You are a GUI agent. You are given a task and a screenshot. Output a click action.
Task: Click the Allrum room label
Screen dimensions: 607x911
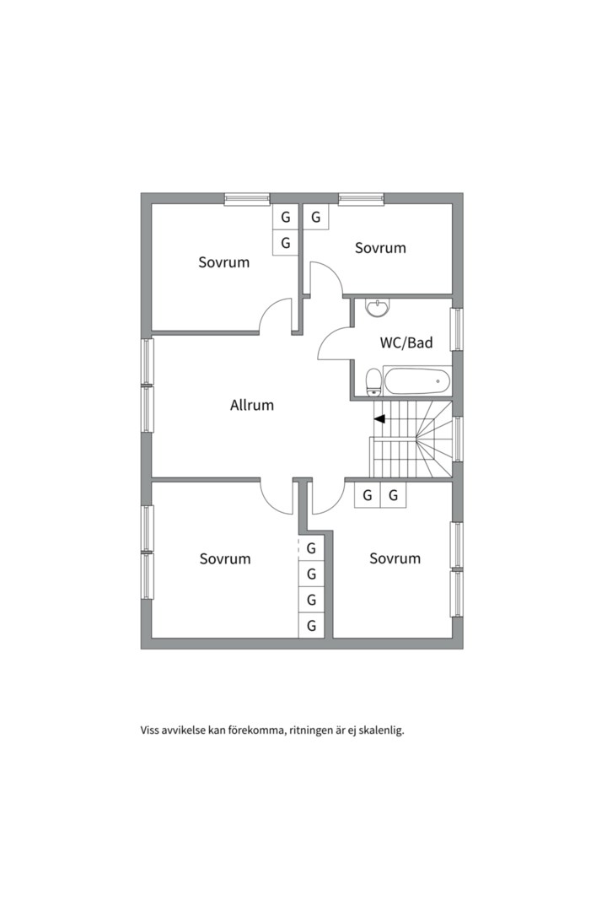click(x=251, y=405)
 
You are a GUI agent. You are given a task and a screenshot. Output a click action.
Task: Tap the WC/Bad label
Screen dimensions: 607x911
click(x=406, y=342)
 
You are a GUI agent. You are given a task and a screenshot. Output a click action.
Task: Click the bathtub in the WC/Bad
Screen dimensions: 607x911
click(x=417, y=381)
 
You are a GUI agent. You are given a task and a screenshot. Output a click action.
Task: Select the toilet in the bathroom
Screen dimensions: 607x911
click(x=373, y=382)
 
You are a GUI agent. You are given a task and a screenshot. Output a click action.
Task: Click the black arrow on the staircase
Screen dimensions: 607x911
click(x=379, y=418)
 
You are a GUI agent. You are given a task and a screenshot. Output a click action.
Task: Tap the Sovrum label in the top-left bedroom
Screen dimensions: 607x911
click(x=223, y=262)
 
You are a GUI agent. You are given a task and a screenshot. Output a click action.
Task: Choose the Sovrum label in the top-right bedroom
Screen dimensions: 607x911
click(x=380, y=248)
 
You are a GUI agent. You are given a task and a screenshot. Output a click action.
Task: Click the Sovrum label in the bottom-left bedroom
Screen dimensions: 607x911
click(x=225, y=559)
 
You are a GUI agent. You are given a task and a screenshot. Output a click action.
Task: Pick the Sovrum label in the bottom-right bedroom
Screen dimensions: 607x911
click(x=395, y=558)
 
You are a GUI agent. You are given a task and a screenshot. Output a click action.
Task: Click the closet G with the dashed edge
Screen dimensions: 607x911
click(x=311, y=548)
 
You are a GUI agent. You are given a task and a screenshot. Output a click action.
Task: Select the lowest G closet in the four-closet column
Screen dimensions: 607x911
click(x=311, y=625)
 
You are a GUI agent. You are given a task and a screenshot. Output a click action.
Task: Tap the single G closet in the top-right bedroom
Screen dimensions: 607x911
click(x=315, y=218)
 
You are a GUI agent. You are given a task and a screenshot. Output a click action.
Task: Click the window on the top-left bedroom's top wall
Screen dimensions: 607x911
click(x=247, y=199)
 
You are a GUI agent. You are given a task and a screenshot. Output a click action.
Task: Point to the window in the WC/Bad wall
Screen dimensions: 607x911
click(x=458, y=329)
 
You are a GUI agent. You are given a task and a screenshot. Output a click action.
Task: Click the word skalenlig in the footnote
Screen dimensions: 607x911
click(x=380, y=730)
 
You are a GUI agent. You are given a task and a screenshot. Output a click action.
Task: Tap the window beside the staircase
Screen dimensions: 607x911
click(x=458, y=439)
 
